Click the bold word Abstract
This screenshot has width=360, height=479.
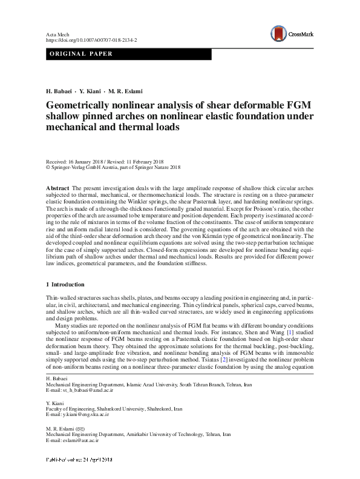point(57,189)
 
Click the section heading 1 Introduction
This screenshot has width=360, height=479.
point(65,284)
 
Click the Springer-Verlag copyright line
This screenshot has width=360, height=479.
point(113,167)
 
